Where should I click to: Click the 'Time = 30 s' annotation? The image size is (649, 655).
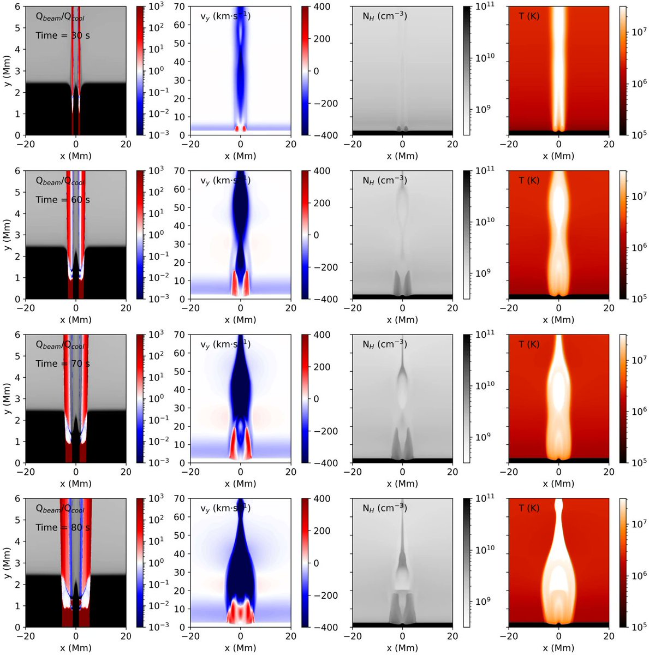[x=63, y=35]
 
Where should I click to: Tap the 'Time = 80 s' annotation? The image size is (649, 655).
[x=63, y=527]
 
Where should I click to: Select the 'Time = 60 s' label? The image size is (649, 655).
[x=63, y=200]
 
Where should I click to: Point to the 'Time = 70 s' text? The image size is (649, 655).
[x=63, y=364]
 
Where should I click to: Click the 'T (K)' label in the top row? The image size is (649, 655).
[x=528, y=16]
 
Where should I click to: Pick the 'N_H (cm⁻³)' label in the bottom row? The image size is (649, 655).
[x=384, y=508]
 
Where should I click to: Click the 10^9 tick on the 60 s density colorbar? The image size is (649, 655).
[x=484, y=273]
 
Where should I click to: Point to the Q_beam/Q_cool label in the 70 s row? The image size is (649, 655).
[x=60, y=344]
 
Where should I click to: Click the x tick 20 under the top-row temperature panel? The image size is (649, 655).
[x=609, y=144]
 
